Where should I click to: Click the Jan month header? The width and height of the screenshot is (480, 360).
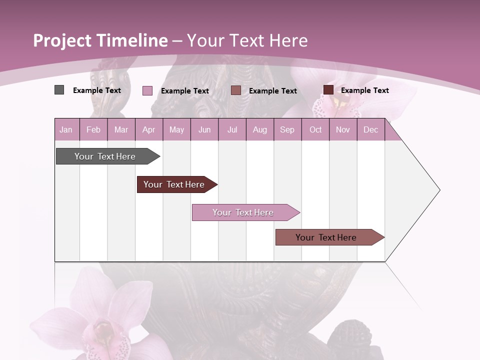click(x=66, y=129)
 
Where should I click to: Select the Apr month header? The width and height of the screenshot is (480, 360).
click(x=148, y=129)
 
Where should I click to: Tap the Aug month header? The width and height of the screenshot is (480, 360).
click(x=259, y=129)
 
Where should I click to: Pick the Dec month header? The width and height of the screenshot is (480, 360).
click(x=370, y=129)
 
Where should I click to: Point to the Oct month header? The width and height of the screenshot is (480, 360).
click(x=315, y=129)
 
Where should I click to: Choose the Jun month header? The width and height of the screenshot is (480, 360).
click(x=204, y=129)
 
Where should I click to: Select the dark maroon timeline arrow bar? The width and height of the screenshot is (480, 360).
click(x=175, y=184)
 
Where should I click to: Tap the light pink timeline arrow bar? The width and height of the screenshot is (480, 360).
click(x=244, y=212)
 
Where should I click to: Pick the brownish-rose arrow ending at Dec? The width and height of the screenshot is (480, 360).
click(x=327, y=237)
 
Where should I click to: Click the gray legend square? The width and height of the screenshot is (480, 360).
click(x=59, y=90)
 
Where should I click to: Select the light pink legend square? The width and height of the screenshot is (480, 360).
click(x=147, y=90)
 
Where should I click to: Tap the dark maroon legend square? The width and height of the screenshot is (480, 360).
click(x=328, y=90)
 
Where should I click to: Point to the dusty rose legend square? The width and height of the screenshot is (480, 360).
click(x=236, y=90)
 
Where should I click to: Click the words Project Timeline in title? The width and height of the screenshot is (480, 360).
click(x=100, y=40)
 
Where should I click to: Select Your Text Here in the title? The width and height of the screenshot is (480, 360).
click(x=247, y=40)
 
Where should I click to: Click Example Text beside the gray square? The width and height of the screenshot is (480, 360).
click(x=96, y=90)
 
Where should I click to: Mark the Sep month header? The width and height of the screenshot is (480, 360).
click(x=287, y=129)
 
